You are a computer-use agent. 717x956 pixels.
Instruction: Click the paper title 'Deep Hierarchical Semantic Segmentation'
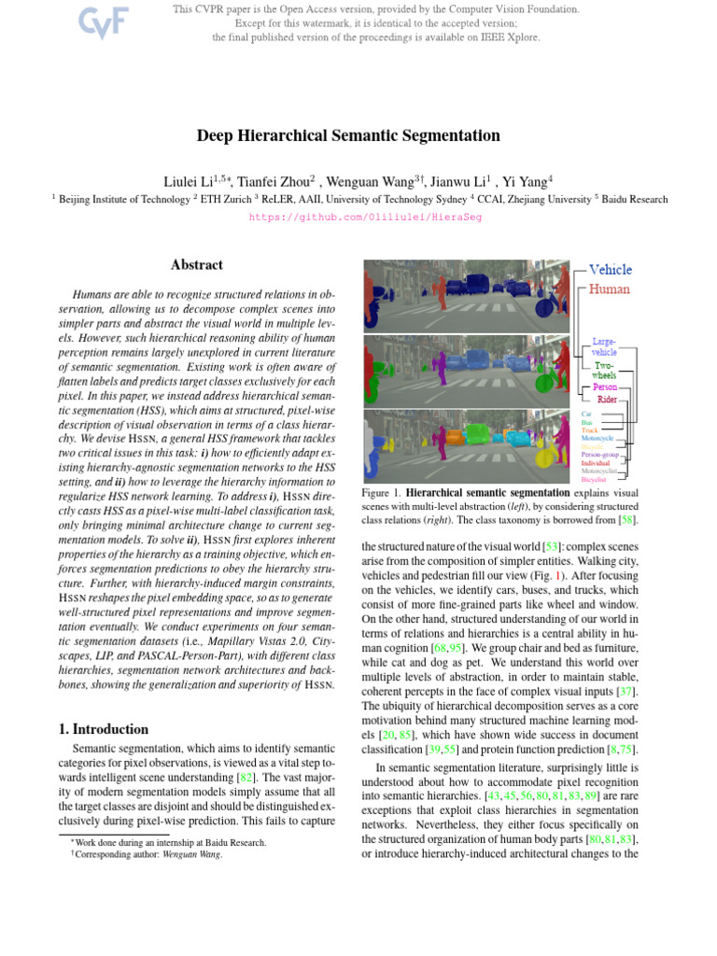coord(348,135)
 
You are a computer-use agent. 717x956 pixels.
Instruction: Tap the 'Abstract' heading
coord(197,265)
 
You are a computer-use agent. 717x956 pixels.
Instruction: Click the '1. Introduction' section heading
coord(98,729)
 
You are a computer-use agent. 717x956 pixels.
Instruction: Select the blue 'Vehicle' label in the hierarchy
coord(610,270)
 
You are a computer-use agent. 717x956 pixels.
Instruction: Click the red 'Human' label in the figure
coord(609,289)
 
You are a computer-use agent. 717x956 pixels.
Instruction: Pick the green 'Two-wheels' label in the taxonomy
coord(604,370)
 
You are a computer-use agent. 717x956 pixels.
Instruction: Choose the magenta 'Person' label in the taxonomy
coord(605,386)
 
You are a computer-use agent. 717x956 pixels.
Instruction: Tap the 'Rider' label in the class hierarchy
coord(607,400)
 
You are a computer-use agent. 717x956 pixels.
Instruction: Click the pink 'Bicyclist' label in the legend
coord(594,480)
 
